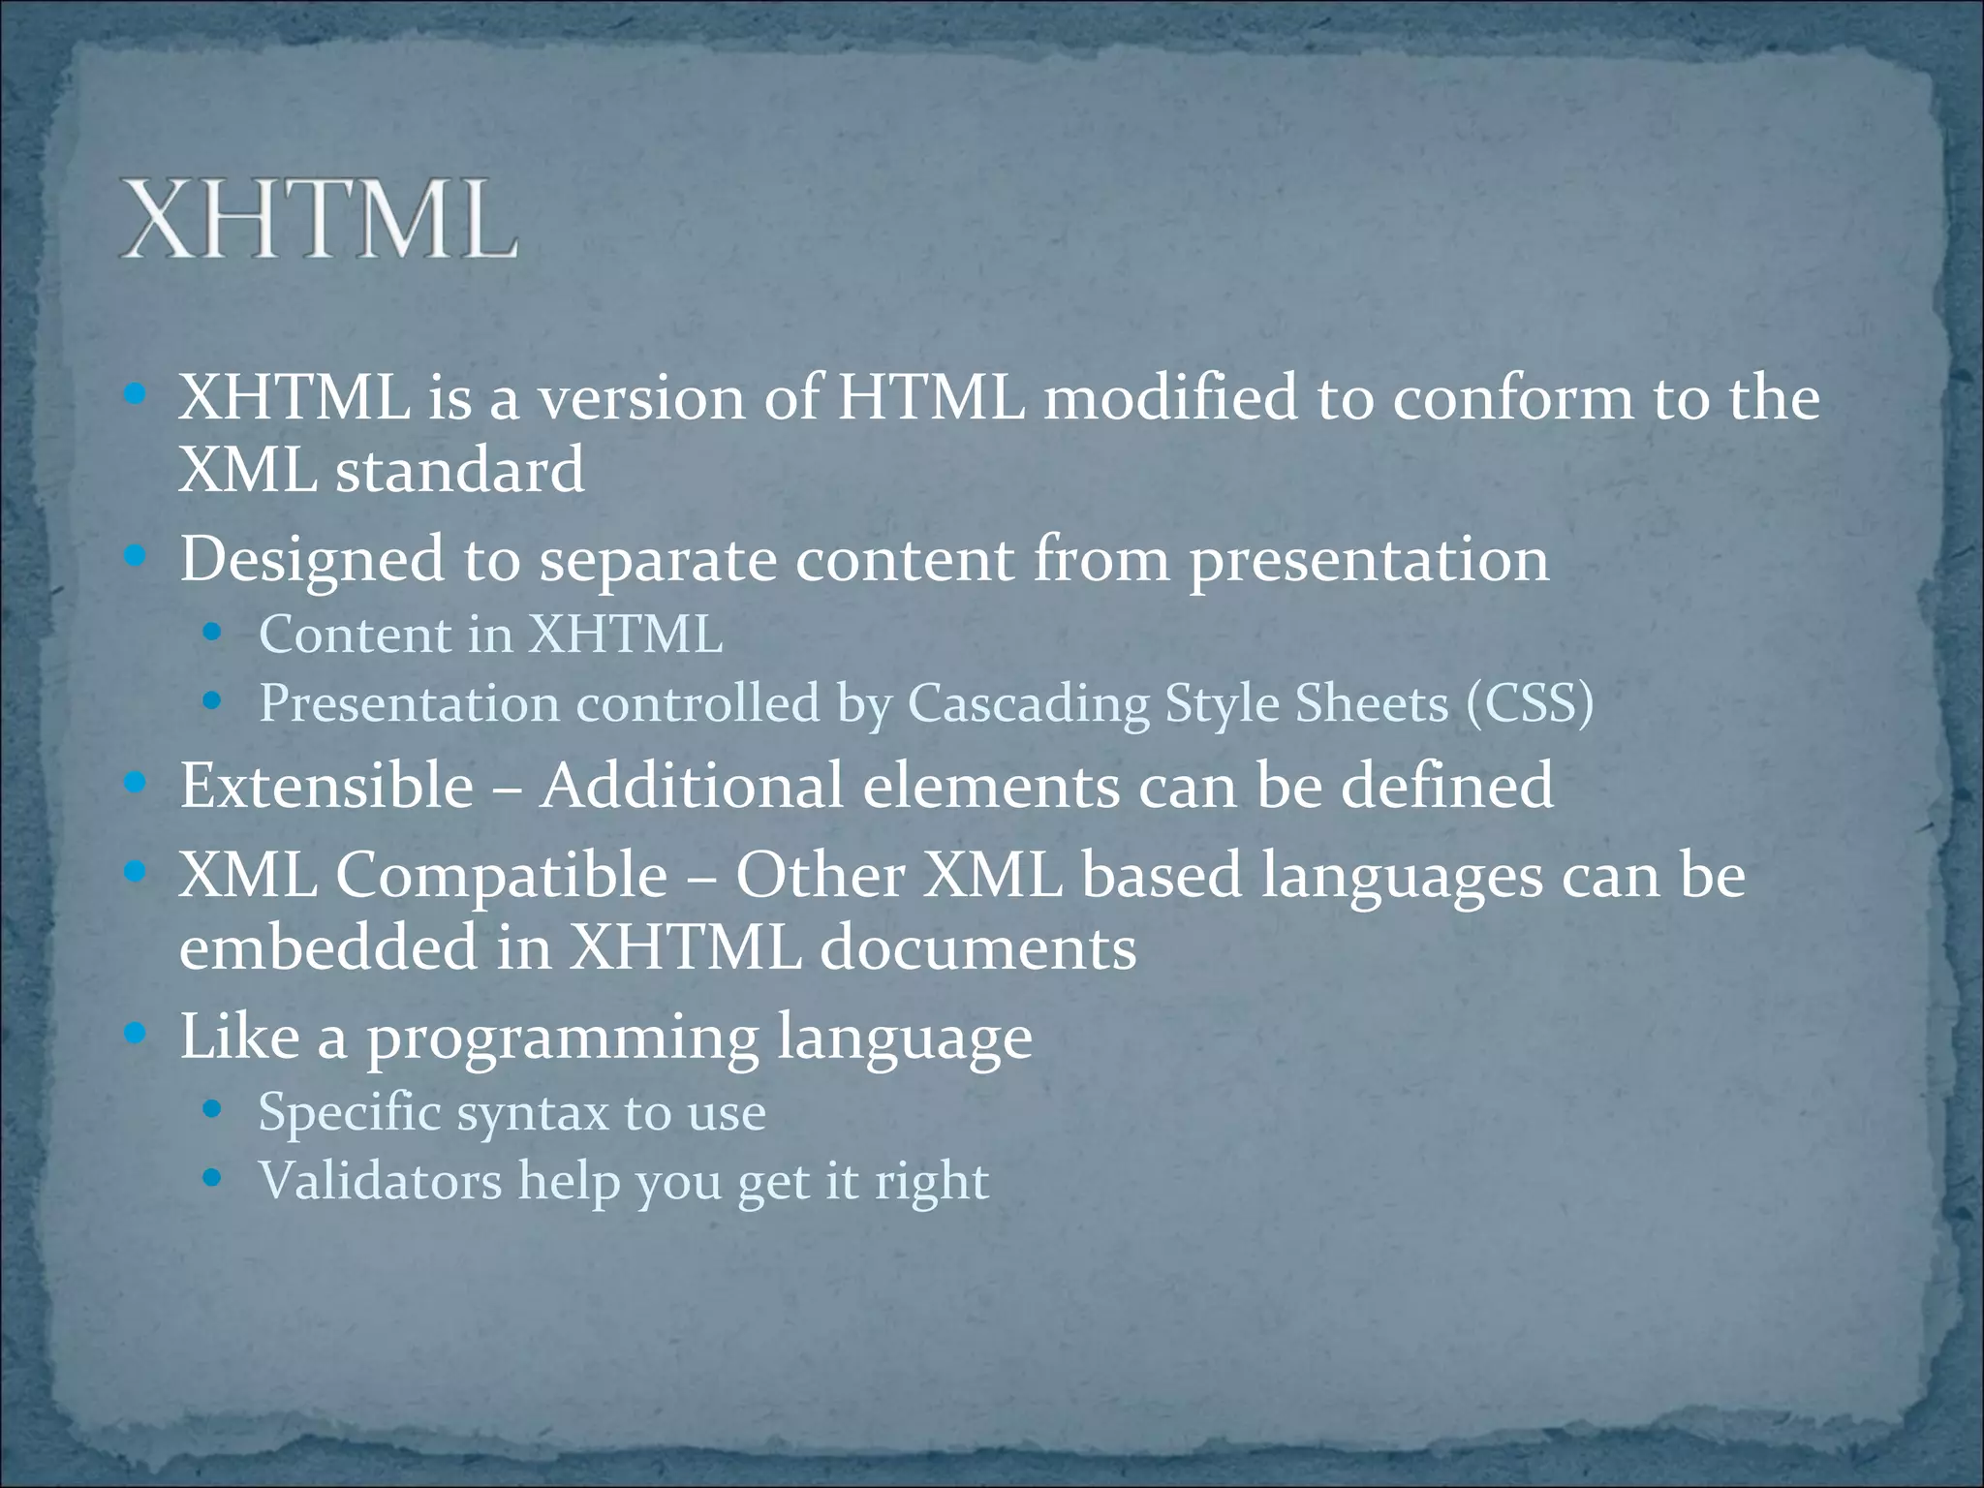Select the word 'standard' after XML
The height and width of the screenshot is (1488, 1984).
pos(460,470)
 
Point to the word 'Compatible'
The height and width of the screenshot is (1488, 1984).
pos(501,875)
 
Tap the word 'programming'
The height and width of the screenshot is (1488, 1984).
pos(562,1038)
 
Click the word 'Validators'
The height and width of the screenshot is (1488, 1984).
pos(380,1181)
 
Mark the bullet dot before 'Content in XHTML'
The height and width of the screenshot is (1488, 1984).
pos(213,635)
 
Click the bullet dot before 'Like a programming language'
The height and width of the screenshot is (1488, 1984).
pos(136,1034)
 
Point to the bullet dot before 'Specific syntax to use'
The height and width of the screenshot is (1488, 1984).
pos(213,1109)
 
